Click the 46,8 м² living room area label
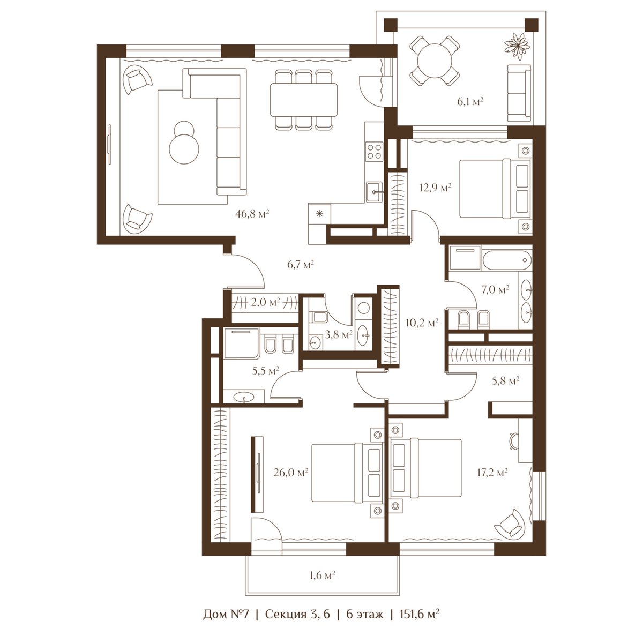click(x=252, y=214)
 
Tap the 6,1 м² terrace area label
click(x=470, y=101)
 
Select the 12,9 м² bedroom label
click(x=436, y=188)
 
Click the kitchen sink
click(x=375, y=192)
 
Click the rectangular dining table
click(x=304, y=100)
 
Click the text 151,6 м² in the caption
click(x=419, y=623)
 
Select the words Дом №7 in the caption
click(x=226, y=623)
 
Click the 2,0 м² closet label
click(x=265, y=302)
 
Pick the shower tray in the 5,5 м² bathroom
click(x=241, y=343)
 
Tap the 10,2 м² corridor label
click(x=422, y=323)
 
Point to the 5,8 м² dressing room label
click(x=505, y=380)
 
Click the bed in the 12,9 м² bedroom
click(x=495, y=189)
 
